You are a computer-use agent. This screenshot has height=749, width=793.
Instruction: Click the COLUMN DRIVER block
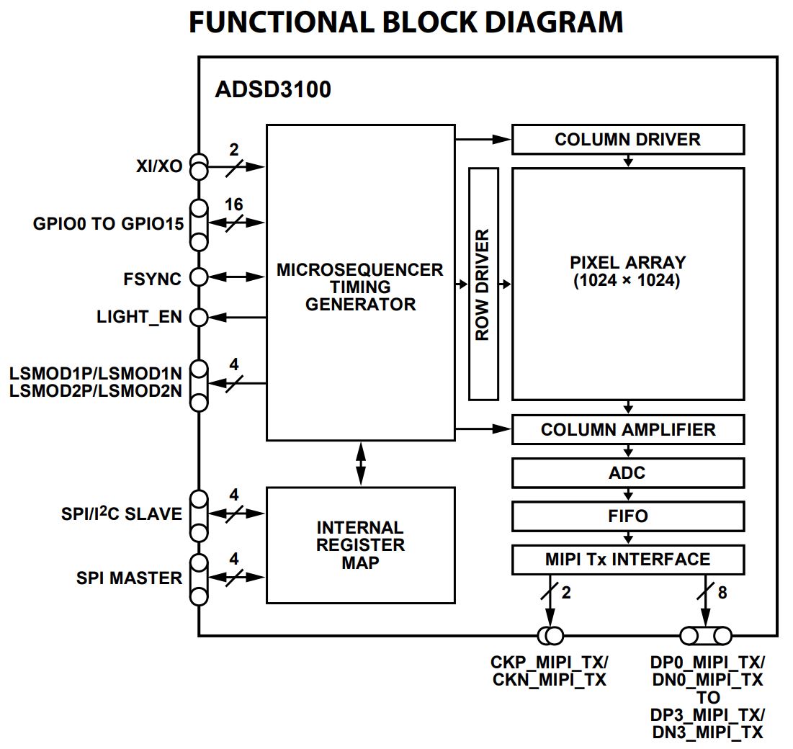(627, 139)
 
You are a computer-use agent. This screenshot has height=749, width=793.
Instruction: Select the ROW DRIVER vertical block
(483, 284)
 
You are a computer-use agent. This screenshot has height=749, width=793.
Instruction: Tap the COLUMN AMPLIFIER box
(627, 430)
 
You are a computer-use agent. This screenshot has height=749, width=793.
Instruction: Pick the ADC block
(627, 473)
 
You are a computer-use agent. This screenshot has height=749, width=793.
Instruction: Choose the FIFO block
(627, 516)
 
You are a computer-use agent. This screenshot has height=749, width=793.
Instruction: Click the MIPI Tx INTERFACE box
(627, 560)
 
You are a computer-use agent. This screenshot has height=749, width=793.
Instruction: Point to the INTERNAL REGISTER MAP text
(360, 545)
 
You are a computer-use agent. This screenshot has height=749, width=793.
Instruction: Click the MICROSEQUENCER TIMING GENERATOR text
(360, 287)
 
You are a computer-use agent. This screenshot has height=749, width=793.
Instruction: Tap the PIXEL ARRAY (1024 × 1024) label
(627, 272)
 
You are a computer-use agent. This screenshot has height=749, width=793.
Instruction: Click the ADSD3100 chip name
(273, 91)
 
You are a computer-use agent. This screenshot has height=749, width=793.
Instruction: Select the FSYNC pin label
(152, 278)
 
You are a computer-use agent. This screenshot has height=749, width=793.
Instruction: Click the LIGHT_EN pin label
(139, 317)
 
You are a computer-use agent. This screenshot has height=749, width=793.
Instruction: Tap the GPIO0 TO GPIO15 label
(108, 223)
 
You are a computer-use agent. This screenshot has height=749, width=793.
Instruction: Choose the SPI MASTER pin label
(129, 578)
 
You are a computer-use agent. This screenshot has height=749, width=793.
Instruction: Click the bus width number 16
(233, 205)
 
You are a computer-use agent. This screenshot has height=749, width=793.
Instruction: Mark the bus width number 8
(722, 593)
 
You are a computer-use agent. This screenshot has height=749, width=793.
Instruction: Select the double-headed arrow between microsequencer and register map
(360, 464)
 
